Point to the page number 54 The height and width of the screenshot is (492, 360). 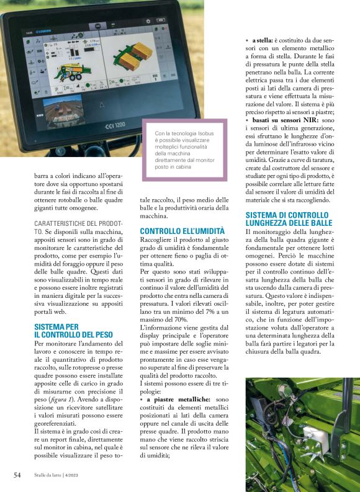[x=17, y=475]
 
